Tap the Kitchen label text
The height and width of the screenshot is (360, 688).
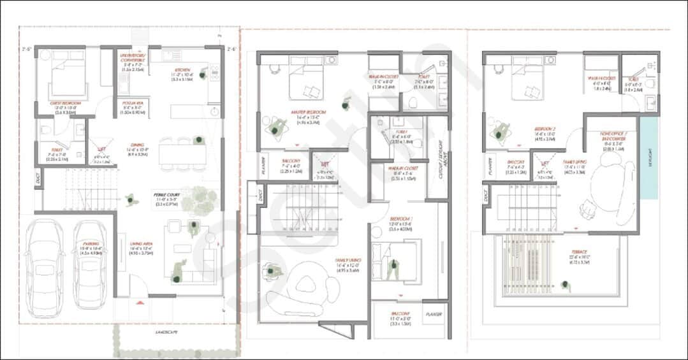coord(182,70)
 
